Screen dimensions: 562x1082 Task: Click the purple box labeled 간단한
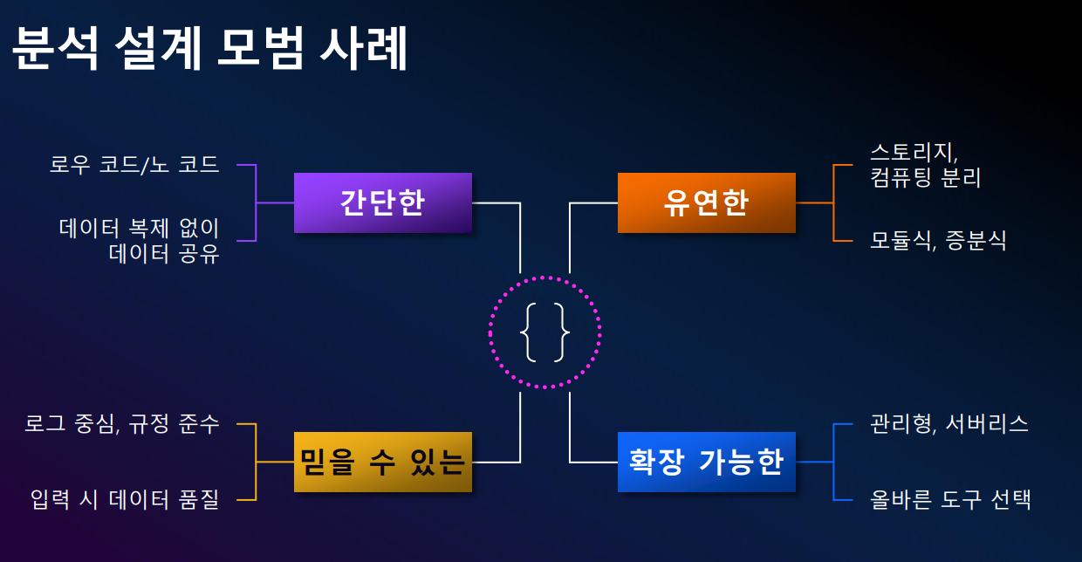pyautogui.click(x=382, y=202)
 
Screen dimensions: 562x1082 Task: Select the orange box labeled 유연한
pyautogui.click(x=706, y=202)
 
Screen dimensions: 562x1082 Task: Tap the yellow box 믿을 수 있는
pyautogui.click(x=382, y=462)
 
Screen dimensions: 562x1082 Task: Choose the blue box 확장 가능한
pyautogui.click(x=706, y=462)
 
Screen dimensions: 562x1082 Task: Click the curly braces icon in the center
pyautogui.click(x=544, y=332)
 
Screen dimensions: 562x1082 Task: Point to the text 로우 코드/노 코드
pyautogui.click(x=134, y=164)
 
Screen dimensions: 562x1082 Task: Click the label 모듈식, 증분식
pyautogui.click(x=938, y=240)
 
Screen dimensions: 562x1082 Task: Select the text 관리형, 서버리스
pyautogui.click(x=949, y=424)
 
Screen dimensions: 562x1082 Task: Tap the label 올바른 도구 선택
pyautogui.click(x=951, y=500)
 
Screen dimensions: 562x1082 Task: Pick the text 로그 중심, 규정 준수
pyautogui.click(x=122, y=424)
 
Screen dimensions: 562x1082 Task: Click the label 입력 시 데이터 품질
pyautogui.click(x=124, y=500)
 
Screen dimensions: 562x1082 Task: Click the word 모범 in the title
pyautogui.click(x=257, y=49)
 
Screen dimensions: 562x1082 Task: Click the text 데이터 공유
pyautogui.click(x=163, y=255)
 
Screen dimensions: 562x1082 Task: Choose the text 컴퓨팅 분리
pyautogui.click(x=926, y=178)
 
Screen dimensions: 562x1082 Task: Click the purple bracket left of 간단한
pyautogui.click(x=255, y=202)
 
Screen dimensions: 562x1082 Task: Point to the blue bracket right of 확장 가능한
pyautogui.click(x=834, y=462)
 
